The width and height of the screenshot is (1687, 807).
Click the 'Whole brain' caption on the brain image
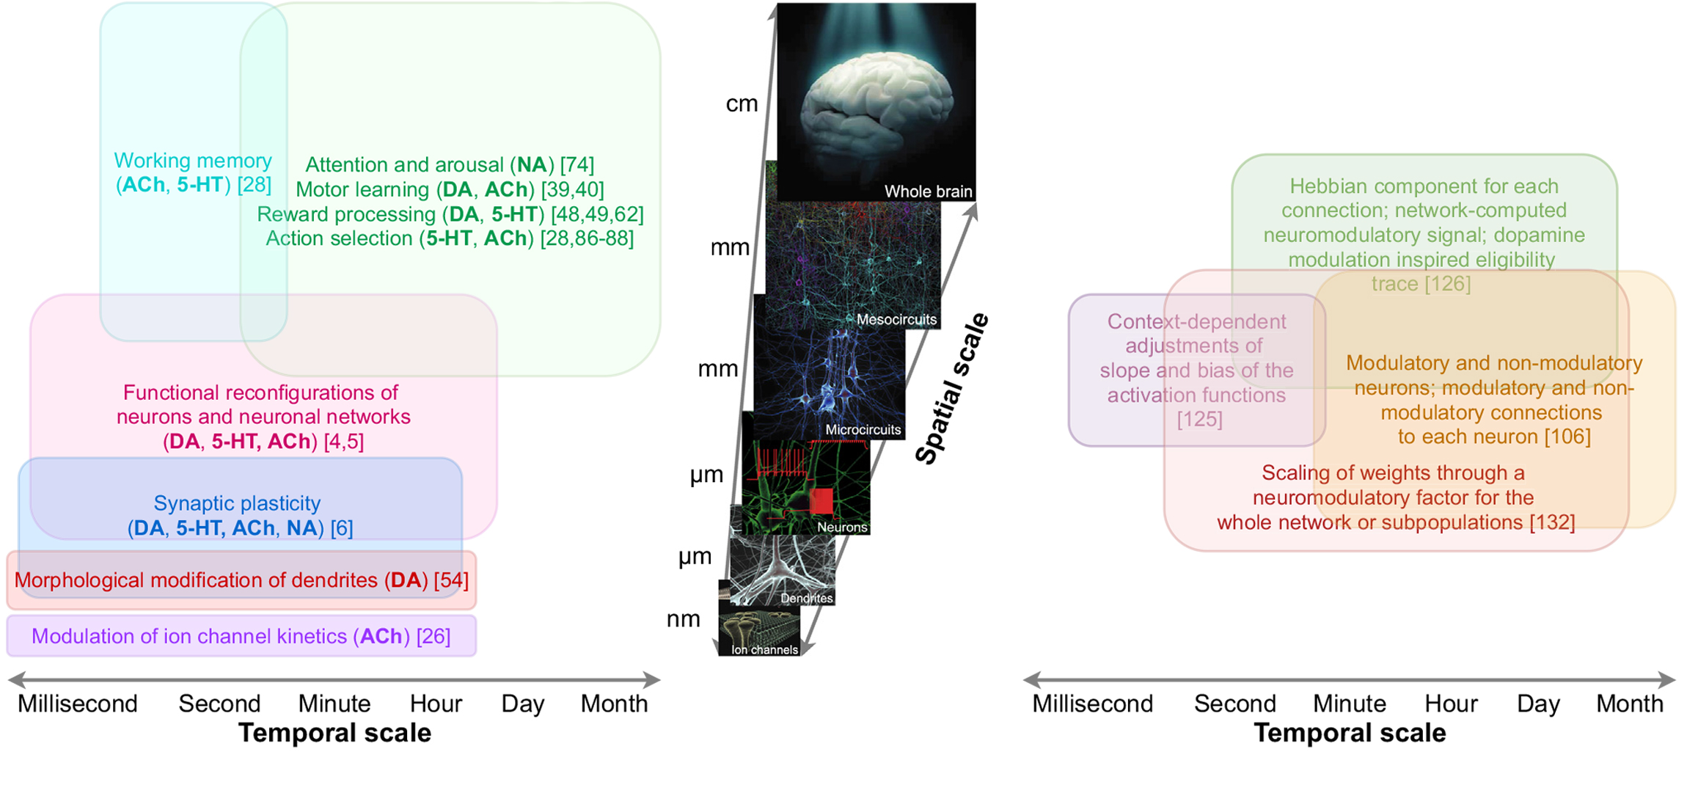tap(928, 191)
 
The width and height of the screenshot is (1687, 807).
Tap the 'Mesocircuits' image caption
tap(896, 319)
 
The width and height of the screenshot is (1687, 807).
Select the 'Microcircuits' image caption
tap(863, 429)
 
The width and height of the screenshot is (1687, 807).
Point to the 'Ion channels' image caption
tap(764, 649)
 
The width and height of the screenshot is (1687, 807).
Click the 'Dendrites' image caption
tap(806, 598)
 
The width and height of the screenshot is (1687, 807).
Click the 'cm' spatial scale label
tap(742, 103)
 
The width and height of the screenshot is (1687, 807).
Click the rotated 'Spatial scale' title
tap(952, 389)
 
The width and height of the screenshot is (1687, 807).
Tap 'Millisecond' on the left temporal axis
tap(78, 704)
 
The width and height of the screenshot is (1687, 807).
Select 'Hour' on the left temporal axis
tap(436, 704)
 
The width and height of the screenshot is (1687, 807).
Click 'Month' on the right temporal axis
tap(1630, 704)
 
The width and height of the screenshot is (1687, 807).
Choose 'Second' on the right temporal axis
tap(1235, 704)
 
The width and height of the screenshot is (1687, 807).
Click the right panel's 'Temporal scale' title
tap(1350, 733)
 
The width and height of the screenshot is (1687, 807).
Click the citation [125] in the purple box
tap(1199, 420)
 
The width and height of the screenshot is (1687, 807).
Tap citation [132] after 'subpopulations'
tap(1552, 522)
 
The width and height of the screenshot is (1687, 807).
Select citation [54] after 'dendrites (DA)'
tap(451, 580)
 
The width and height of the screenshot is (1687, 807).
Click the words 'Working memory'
tap(193, 161)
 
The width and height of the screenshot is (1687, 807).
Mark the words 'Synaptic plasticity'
tap(237, 503)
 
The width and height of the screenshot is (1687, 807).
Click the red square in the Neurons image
tap(821, 501)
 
